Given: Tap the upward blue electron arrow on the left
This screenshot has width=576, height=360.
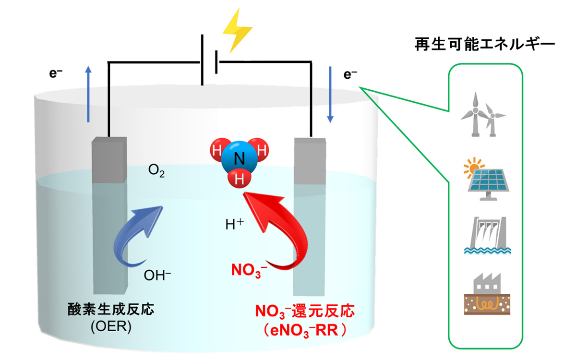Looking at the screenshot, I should click(x=88, y=94).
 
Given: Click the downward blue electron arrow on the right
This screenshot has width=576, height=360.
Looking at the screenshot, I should click(x=331, y=94).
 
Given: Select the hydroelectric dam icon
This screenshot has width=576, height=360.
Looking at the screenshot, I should click(x=484, y=235).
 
